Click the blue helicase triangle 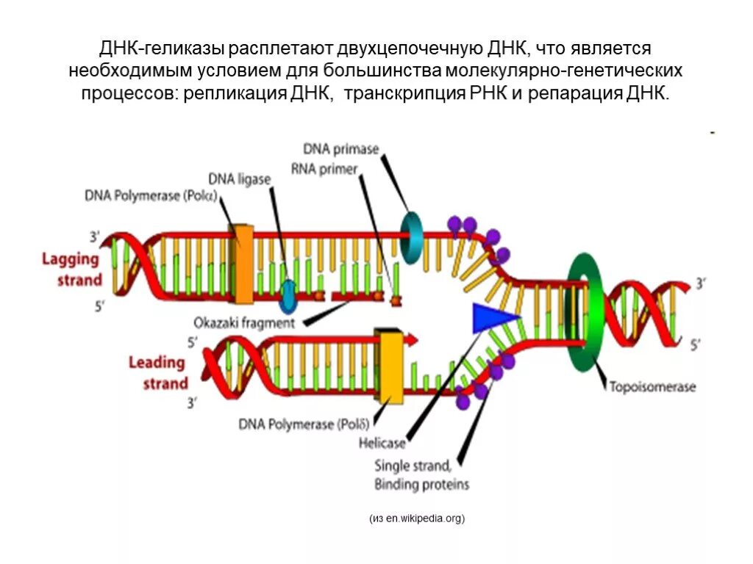tap(492, 318)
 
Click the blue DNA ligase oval tap(288, 292)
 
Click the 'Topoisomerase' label tap(651, 387)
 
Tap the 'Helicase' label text tap(382, 443)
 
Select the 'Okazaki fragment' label tap(244, 322)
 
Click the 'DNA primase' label tap(340, 150)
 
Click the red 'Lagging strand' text tap(71, 269)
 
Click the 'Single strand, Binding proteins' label tap(421, 474)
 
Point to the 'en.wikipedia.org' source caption tap(417, 519)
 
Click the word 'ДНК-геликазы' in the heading tap(161, 48)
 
